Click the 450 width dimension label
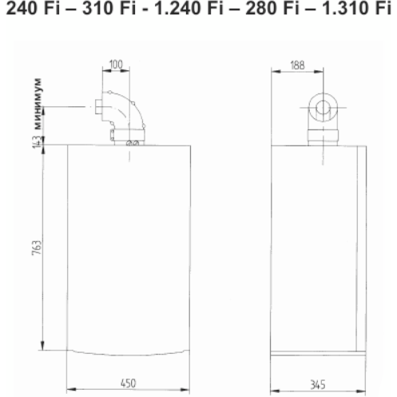click(x=128, y=383)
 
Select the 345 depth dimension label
click(x=318, y=385)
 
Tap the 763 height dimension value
click(x=37, y=248)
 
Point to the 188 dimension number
click(x=297, y=66)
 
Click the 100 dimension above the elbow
click(x=116, y=65)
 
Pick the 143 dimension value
click(x=38, y=142)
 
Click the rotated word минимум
click(x=38, y=104)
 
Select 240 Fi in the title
click(x=33, y=8)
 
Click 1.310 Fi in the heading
click(x=356, y=8)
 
